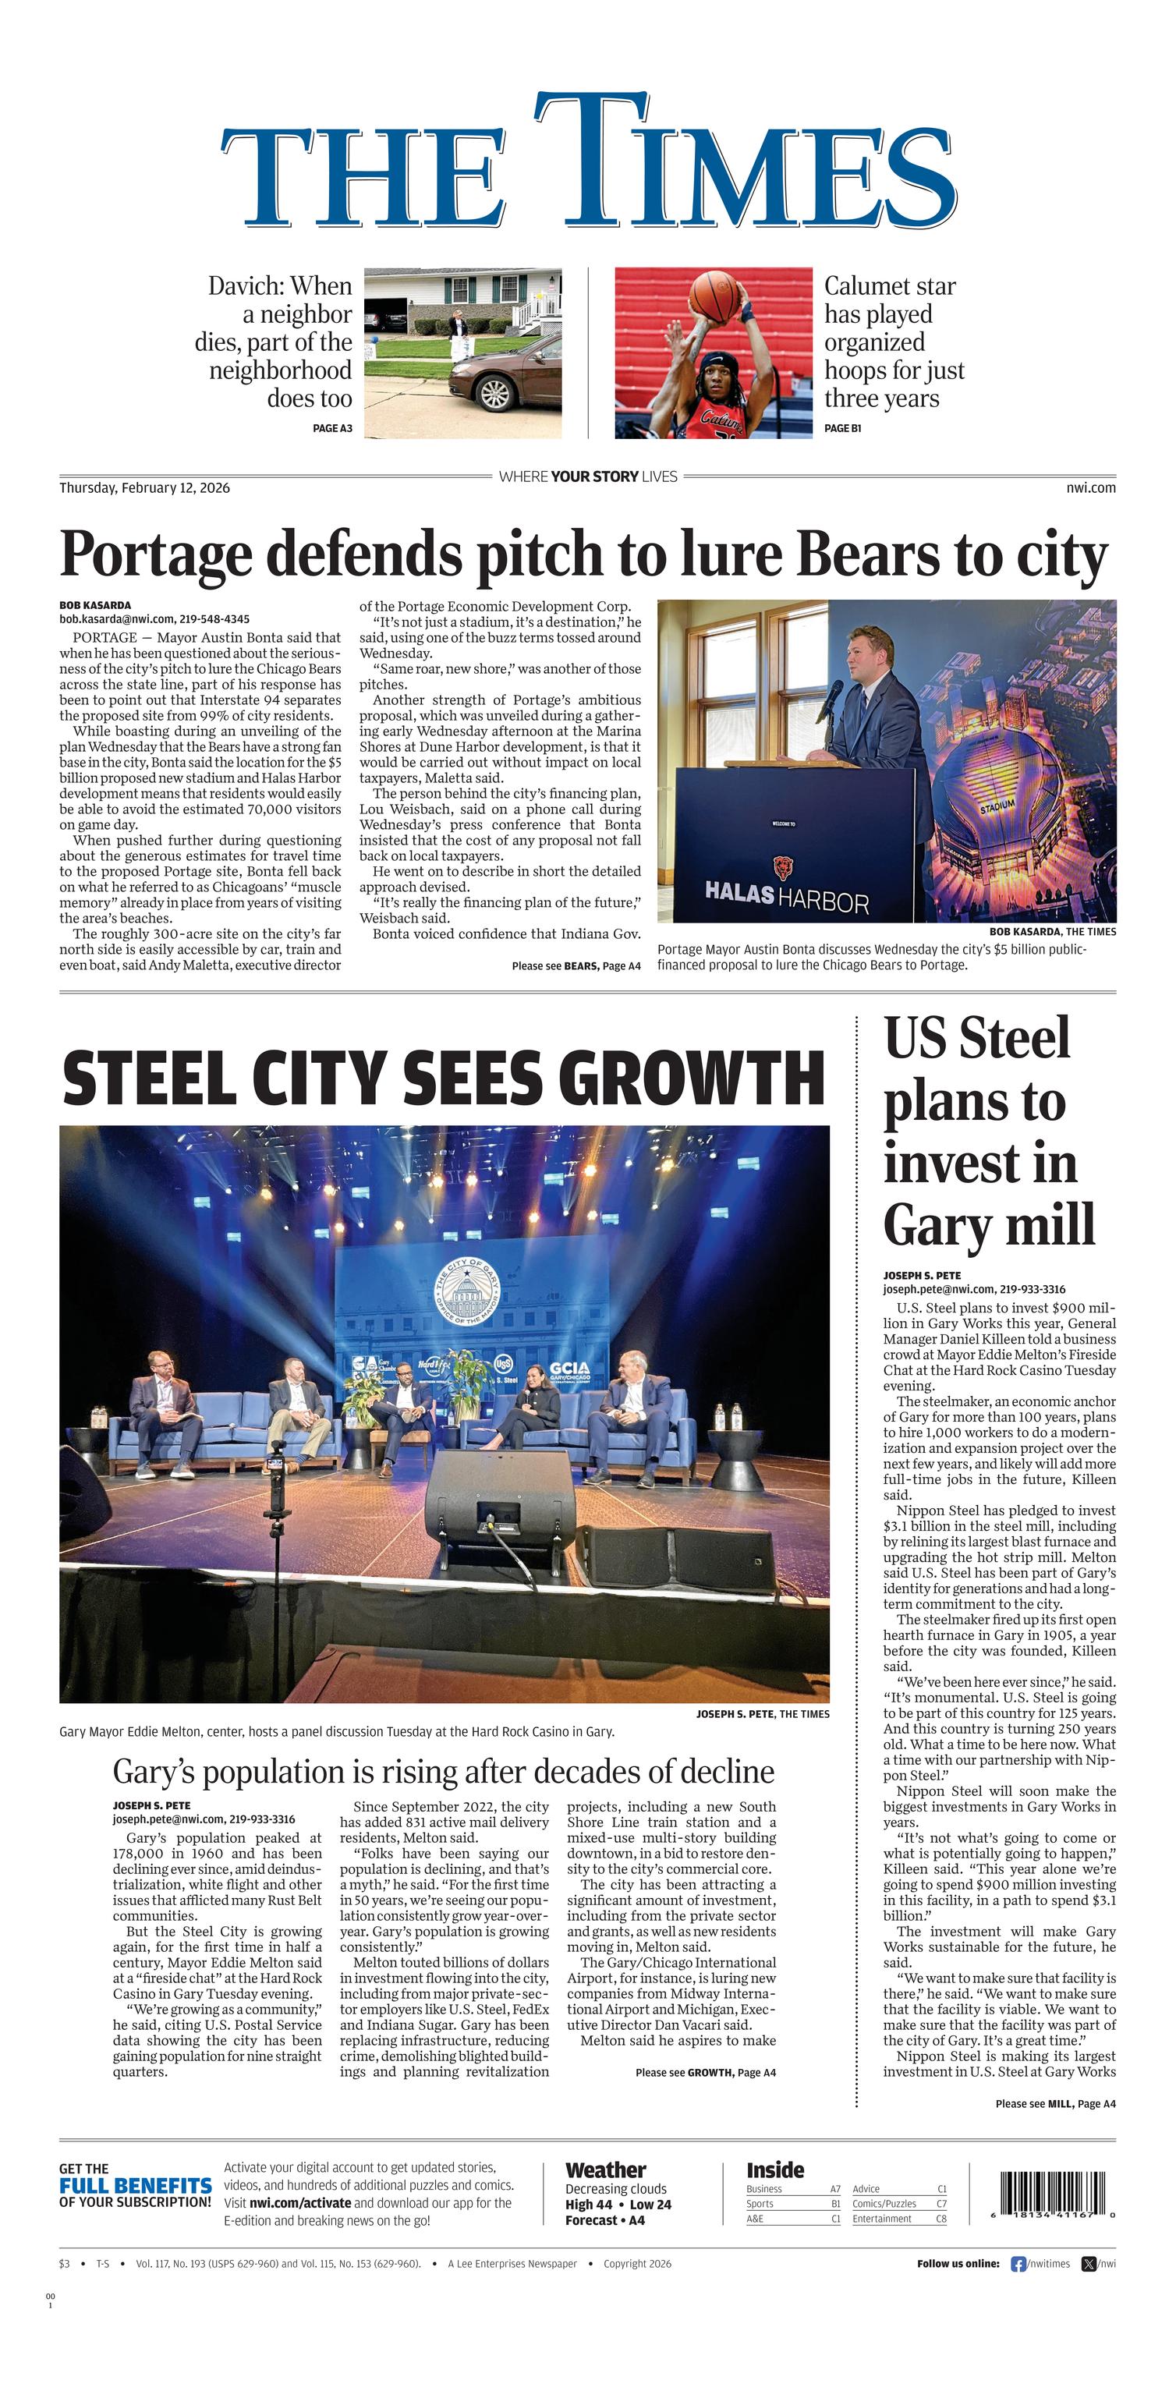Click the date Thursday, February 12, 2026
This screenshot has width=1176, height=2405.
[145, 487]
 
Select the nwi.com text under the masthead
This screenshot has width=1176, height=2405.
[1090, 487]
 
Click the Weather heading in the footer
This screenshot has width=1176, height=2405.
[606, 2171]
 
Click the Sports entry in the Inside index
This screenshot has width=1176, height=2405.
[760, 2203]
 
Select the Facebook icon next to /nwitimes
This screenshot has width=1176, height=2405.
[1018, 2263]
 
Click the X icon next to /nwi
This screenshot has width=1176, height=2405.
[1088, 2263]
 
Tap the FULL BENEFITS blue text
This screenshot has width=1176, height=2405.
[136, 2186]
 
